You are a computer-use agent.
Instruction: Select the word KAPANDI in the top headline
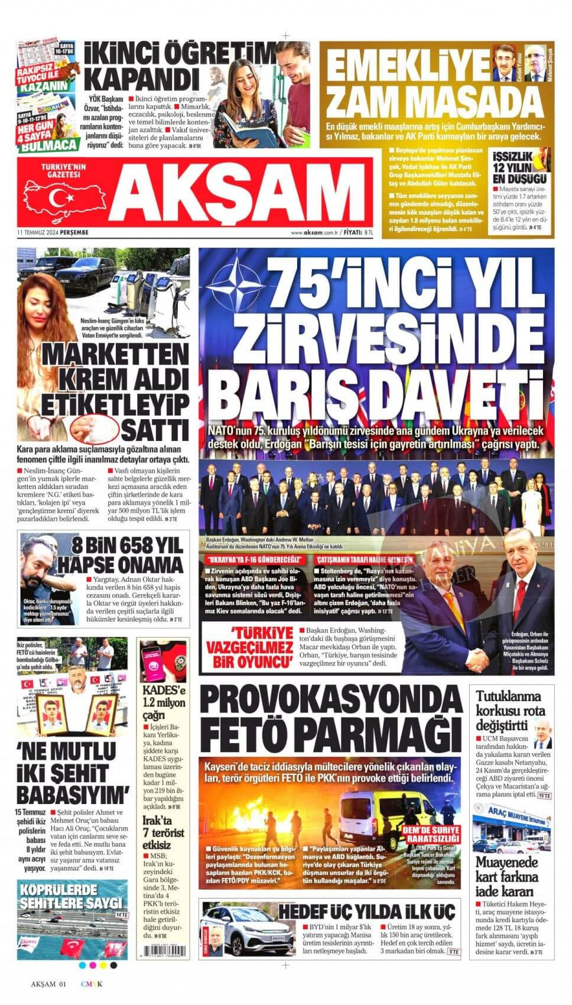(x=142, y=77)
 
